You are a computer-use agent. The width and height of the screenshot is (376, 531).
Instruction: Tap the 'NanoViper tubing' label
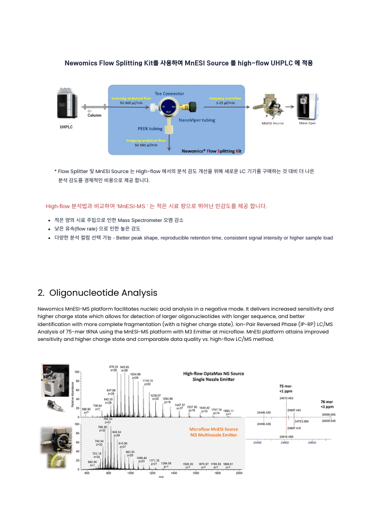click(x=197, y=121)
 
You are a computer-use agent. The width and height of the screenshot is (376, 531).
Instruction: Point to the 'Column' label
click(x=94, y=115)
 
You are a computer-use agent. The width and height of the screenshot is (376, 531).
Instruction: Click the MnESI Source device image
click(x=272, y=106)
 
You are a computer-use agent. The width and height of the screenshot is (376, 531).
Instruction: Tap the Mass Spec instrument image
click(x=307, y=106)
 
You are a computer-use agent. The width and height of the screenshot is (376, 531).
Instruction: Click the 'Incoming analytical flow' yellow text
click(x=130, y=98)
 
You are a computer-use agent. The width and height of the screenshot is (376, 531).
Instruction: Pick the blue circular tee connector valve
click(x=169, y=108)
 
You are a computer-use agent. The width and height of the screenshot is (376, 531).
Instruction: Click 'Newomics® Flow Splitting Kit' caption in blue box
click(x=211, y=151)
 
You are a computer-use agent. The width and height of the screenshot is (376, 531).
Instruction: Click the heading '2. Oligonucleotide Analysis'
click(x=97, y=293)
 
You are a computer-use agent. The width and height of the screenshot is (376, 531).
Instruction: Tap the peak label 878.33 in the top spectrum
click(x=113, y=367)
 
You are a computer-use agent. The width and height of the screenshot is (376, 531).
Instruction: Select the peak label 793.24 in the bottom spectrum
click(x=107, y=419)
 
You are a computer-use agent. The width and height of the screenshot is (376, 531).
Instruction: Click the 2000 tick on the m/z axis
click(x=239, y=473)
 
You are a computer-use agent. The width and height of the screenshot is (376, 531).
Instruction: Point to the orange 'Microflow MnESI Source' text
click(x=213, y=429)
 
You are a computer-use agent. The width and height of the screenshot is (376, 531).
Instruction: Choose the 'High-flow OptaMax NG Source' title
click(x=213, y=373)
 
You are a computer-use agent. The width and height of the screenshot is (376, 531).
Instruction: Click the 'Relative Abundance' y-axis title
click(x=72, y=393)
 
